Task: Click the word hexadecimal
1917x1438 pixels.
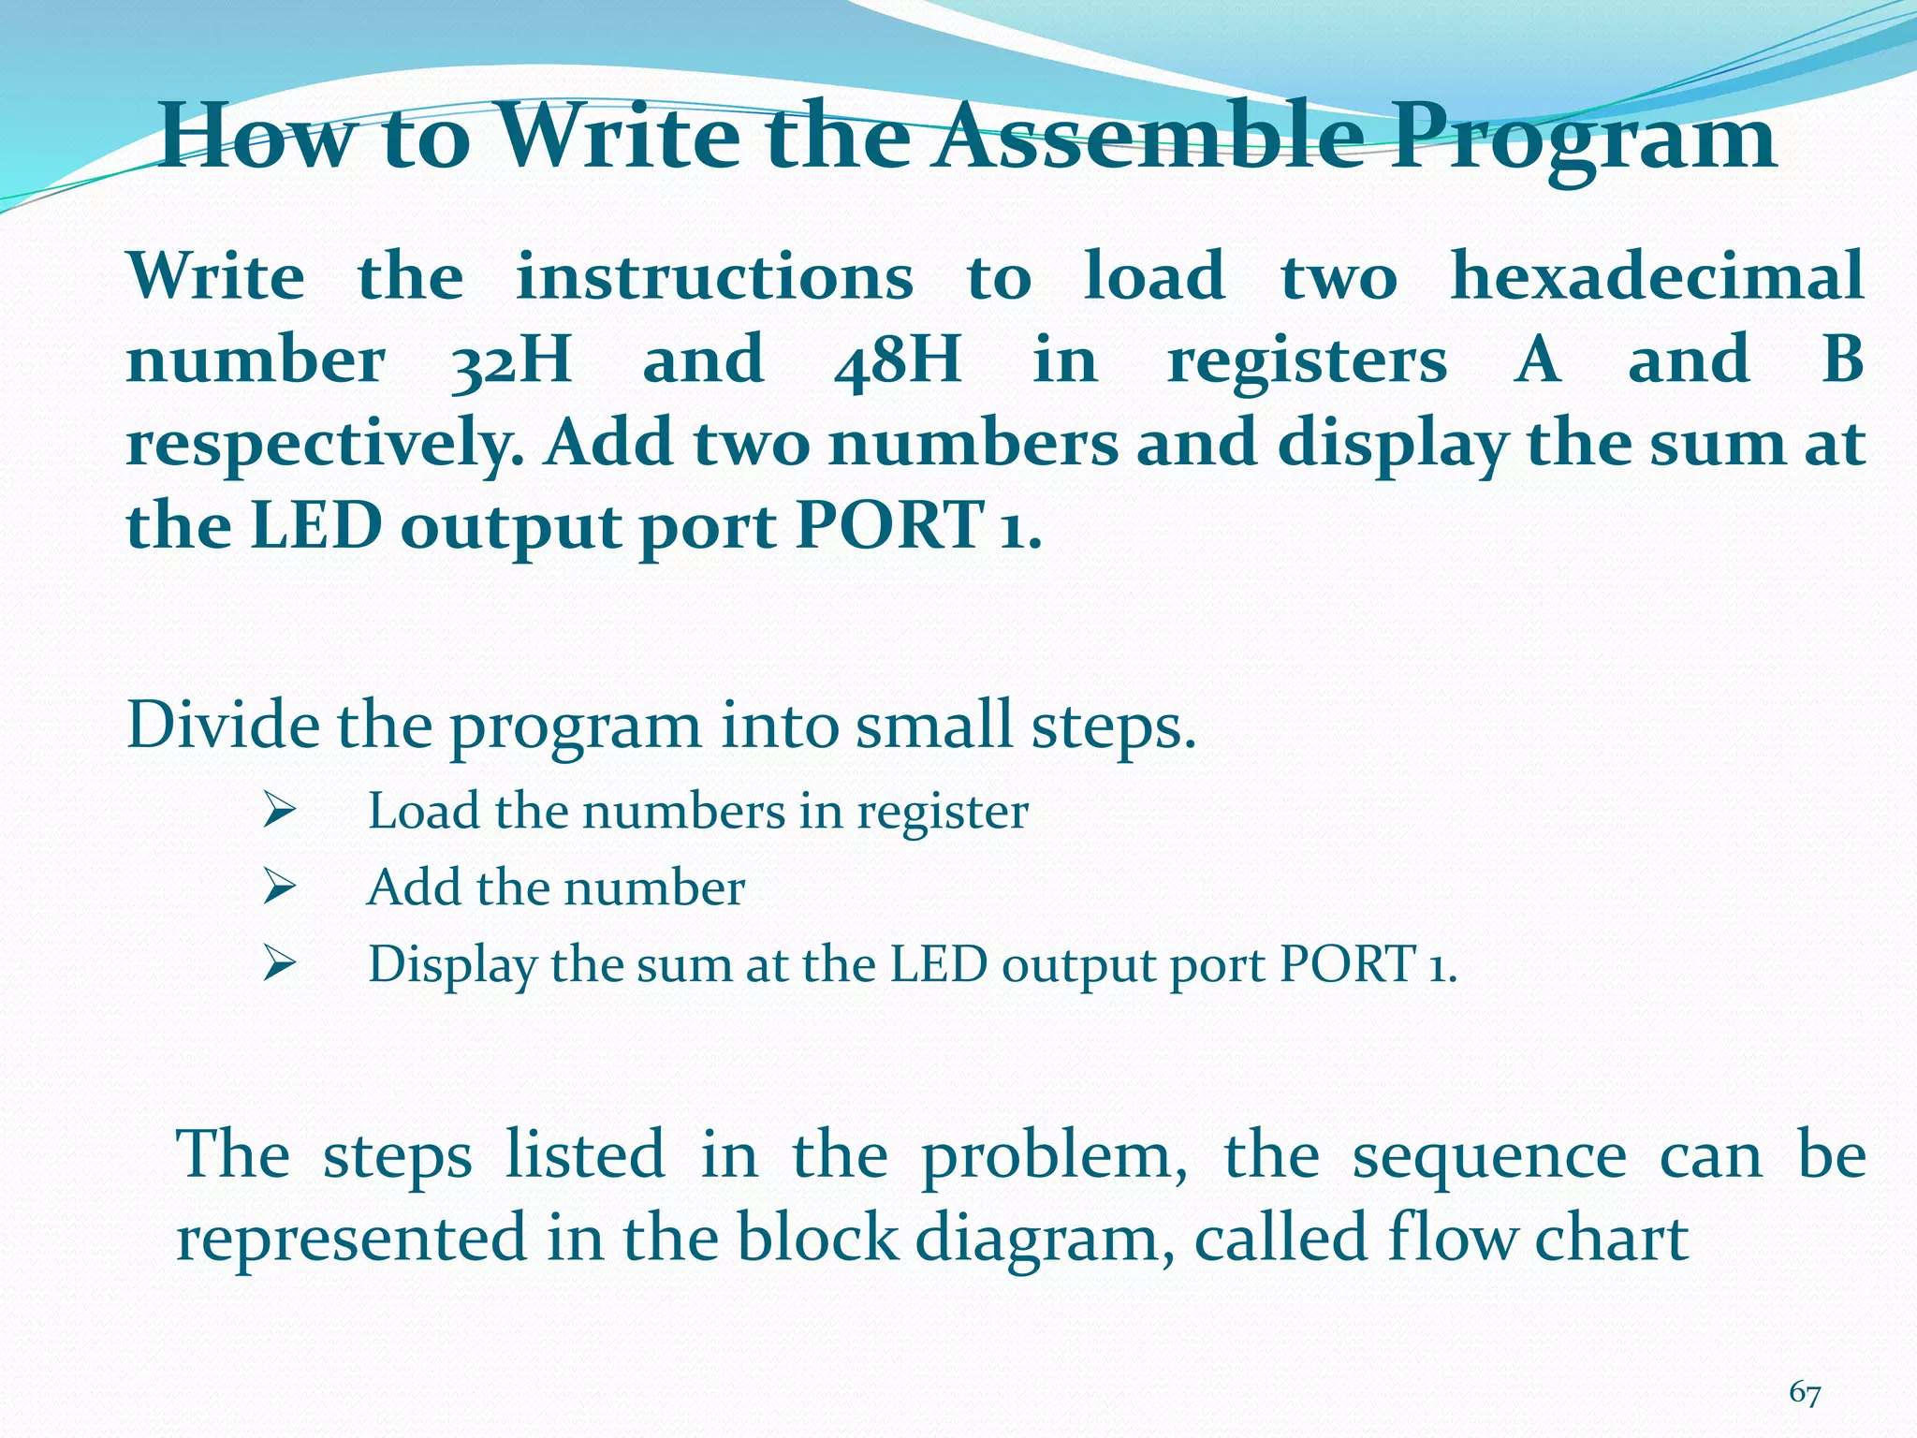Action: (1657, 276)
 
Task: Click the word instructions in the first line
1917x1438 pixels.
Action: (714, 277)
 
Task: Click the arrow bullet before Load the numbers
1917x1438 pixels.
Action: (279, 810)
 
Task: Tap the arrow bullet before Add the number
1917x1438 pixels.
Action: (279, 887)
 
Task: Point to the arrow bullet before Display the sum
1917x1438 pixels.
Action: (279, 963)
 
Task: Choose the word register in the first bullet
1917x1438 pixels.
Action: (943, 812)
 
